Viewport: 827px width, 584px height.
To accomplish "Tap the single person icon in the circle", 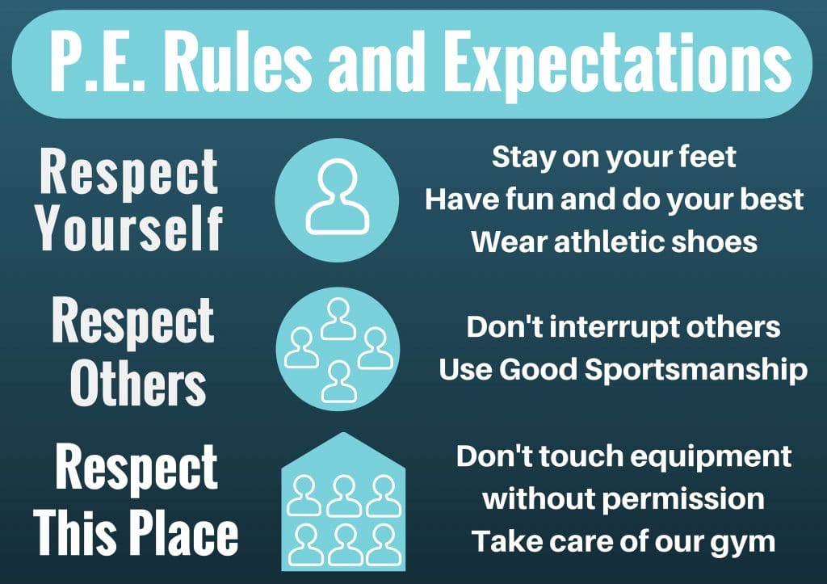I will pos(337,196).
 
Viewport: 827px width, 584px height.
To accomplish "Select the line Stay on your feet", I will pos(614,157).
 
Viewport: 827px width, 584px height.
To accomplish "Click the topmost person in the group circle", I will pos(338,320).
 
